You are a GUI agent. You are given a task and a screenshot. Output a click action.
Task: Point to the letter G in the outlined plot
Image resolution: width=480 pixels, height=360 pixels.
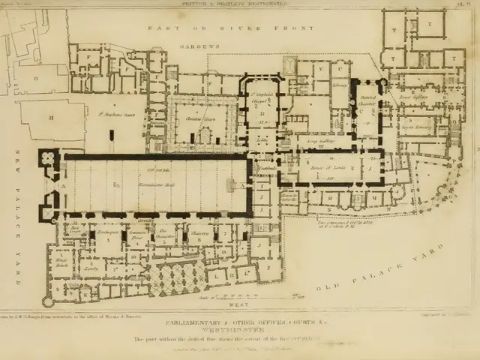pyautogui.click(x=34, y=78)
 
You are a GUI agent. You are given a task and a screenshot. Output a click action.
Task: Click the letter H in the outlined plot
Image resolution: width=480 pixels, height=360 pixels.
pyautogui.click(x=51, y=118)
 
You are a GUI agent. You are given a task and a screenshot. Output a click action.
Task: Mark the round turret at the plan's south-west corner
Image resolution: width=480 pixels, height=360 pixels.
pyautogui.click(x=48, y=302)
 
